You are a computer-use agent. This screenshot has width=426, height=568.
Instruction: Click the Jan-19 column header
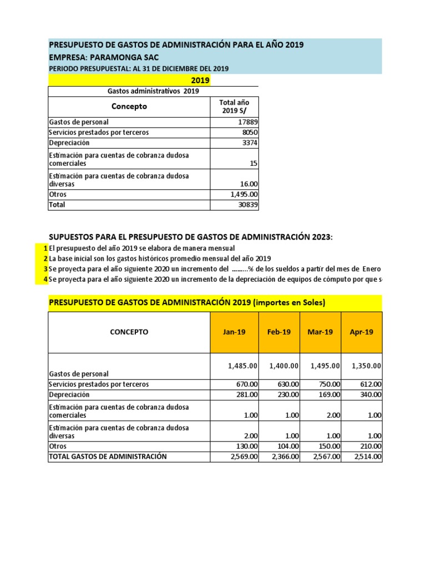(x=234, y=332)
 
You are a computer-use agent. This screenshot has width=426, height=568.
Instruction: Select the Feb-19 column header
(x=279, y=332)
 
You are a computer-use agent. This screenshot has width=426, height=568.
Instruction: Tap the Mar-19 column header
(x=320, y=332)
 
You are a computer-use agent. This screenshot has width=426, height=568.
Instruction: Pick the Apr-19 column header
(x=362, y=332)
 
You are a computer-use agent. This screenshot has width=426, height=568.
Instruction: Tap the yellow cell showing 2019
(x=200, y=80)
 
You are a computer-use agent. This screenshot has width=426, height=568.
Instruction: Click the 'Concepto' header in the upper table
(x=129, y=106)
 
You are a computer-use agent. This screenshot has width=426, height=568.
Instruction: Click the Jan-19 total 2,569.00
(x=242, y=457)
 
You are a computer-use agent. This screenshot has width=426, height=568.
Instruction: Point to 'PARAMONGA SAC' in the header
(x=124, y=57)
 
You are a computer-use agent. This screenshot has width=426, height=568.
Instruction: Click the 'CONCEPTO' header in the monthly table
(x=129, y=332)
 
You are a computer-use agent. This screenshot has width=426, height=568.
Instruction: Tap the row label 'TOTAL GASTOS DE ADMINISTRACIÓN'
(x=108, y=457)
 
